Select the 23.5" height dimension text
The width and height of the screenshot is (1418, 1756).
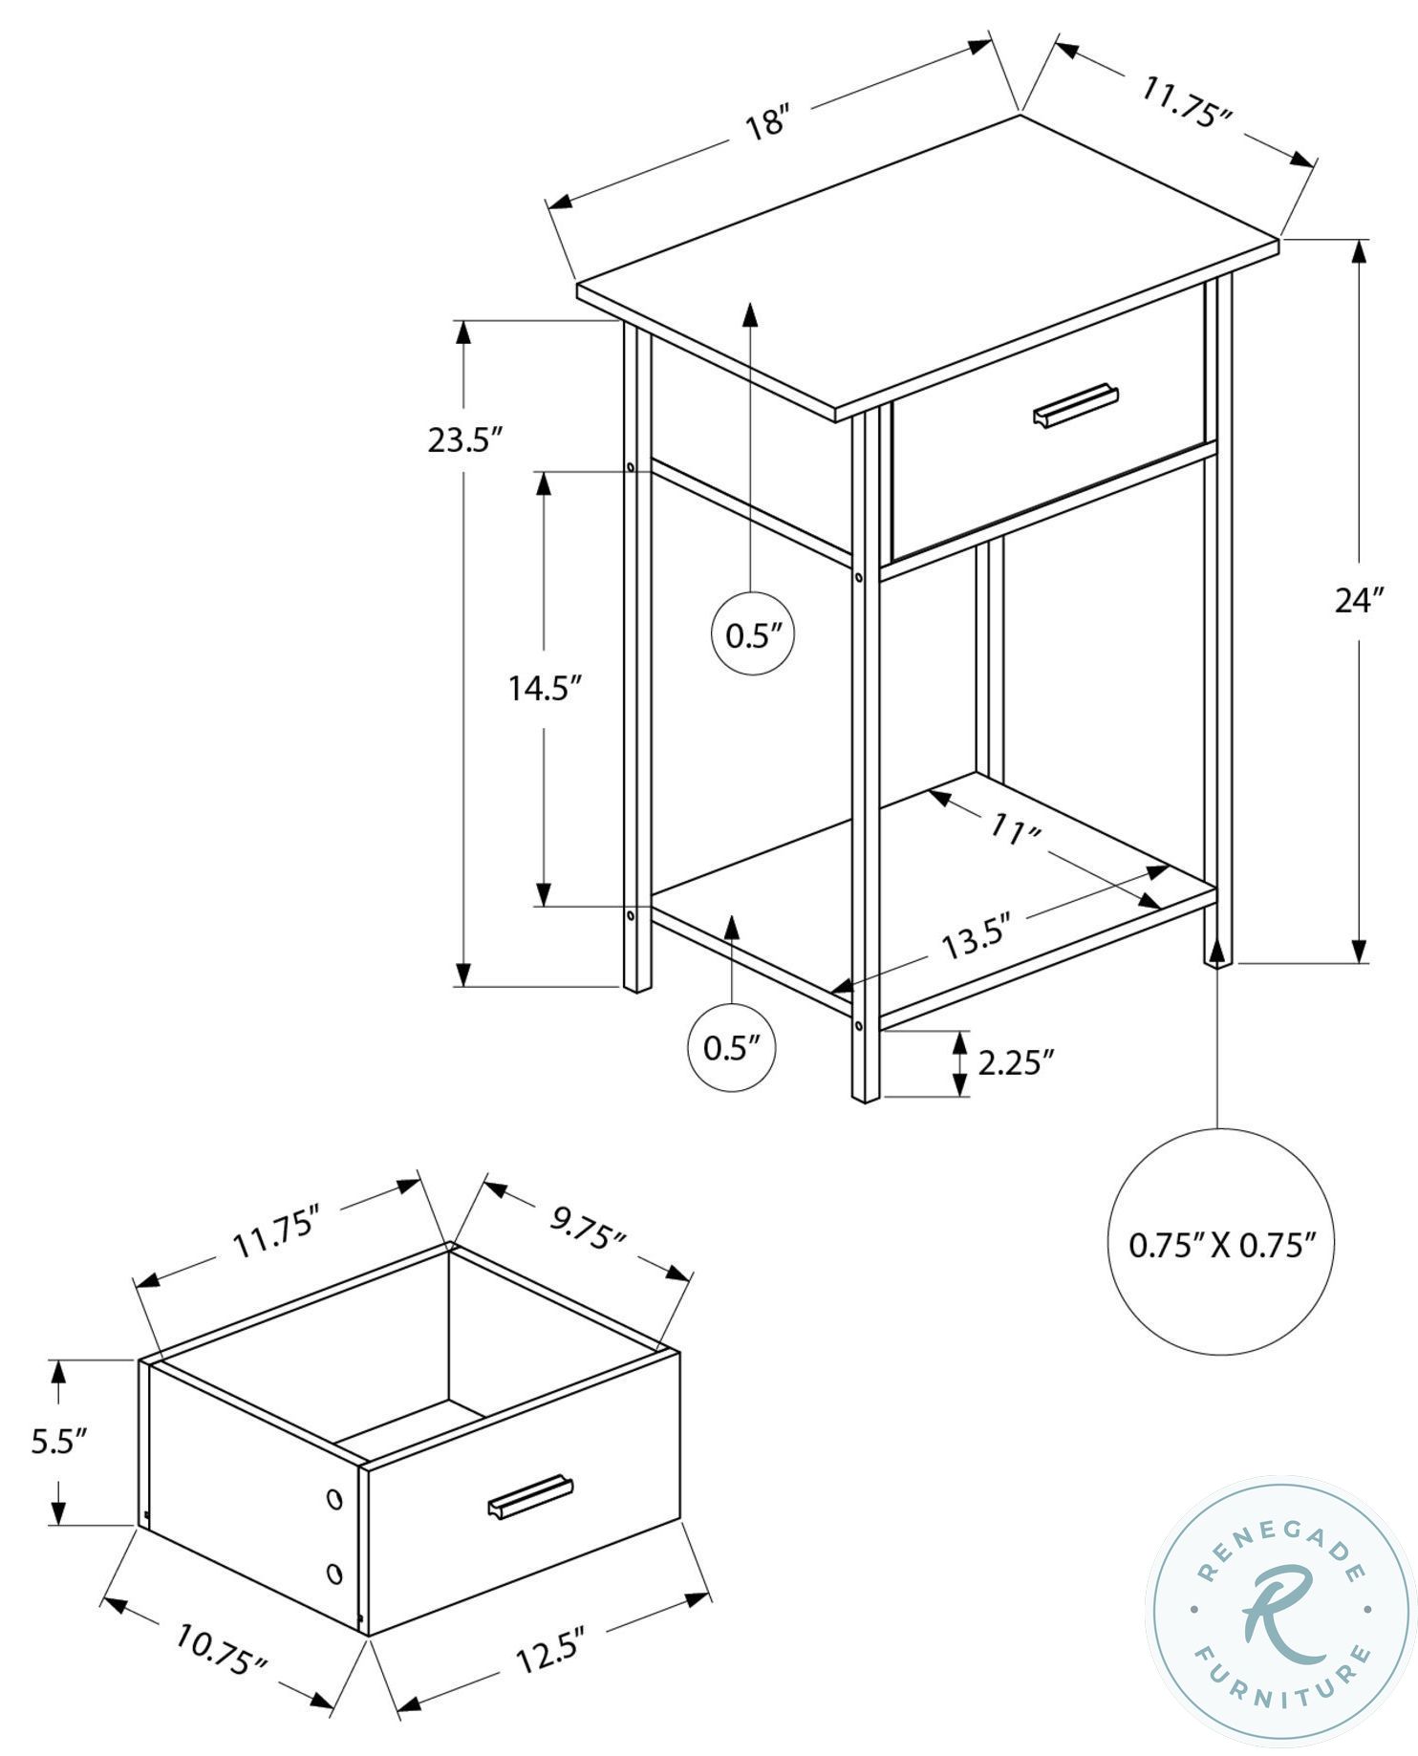point(465,440)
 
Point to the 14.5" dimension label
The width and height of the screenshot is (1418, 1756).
point(545,687)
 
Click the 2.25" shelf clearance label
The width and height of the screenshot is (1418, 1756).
point(1016,1061)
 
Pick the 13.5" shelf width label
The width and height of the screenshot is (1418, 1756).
point(977,940)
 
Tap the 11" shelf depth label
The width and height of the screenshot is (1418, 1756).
point(1014,828)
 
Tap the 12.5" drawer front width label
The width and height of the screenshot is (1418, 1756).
point(549,1650)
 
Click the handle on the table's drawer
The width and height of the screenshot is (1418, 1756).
point(1076,405)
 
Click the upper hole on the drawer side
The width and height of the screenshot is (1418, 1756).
point(334,1499)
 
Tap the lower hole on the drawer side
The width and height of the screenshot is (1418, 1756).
point(334,1573)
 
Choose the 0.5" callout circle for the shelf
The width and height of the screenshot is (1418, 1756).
point(731,1048)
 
